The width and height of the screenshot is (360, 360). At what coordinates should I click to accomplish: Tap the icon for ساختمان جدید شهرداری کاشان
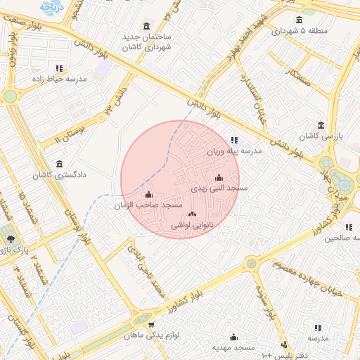[146, 25]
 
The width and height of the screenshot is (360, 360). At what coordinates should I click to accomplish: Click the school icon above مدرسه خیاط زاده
[59, 68]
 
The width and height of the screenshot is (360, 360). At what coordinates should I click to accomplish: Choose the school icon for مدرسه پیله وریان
[234, 140]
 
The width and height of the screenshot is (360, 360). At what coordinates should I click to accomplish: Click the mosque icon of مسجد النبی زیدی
[219, 177]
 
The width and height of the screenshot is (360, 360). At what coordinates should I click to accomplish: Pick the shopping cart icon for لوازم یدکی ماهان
[151, 325]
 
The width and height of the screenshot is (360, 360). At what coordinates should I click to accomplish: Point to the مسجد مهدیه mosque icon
[234, 337]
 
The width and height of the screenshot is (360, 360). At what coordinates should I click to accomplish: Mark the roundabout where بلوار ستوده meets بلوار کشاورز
[252, 263]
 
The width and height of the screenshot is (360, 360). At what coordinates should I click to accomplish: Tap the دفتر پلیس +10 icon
[284, 345]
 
